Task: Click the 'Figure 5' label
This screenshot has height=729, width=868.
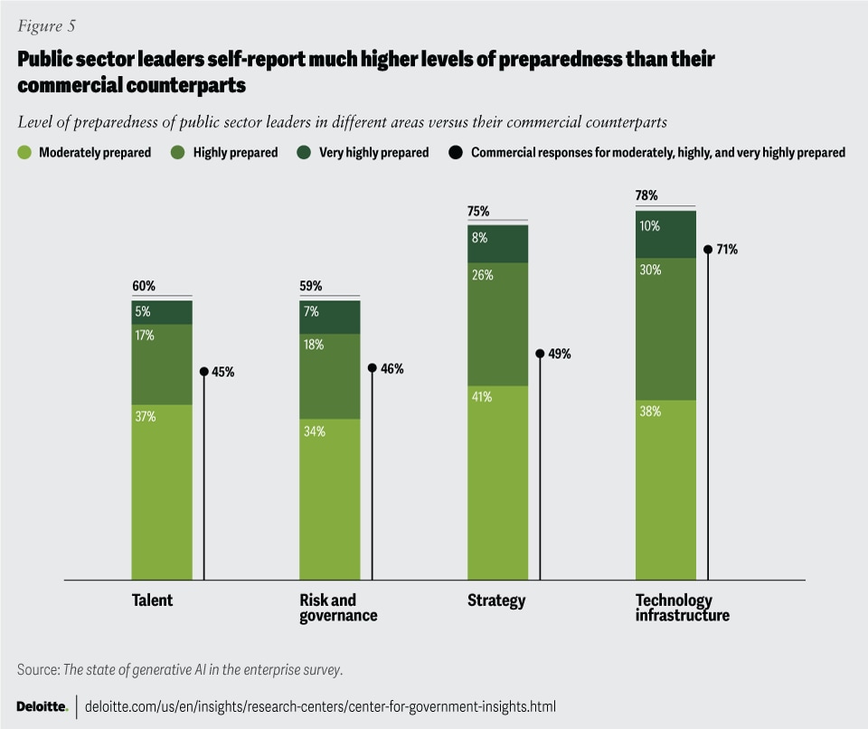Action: coord(46,25)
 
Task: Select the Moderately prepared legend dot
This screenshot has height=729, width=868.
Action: coord(24,153)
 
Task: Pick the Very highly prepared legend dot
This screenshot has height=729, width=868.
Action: coord(304,153)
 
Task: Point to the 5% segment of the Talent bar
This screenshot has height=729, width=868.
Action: coord(162,312)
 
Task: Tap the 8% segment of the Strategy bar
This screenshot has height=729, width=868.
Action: coord(498,243)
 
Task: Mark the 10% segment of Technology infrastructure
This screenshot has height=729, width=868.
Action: coord(666,234)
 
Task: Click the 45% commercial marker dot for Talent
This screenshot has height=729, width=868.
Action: coord(203,372)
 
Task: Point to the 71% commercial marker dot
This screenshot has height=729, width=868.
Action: coord(708,249)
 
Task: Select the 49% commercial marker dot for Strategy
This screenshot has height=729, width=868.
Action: coord(540,355)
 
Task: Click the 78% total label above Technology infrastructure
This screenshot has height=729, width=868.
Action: coord(646,195)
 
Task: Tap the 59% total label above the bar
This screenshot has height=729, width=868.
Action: coord(310,286)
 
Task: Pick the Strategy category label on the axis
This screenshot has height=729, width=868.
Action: coord(496,601)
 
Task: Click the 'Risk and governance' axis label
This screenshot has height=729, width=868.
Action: coord(337,608)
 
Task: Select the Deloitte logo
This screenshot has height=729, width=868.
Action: coord(42,705)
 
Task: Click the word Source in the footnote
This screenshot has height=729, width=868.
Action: coord(36,669)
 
